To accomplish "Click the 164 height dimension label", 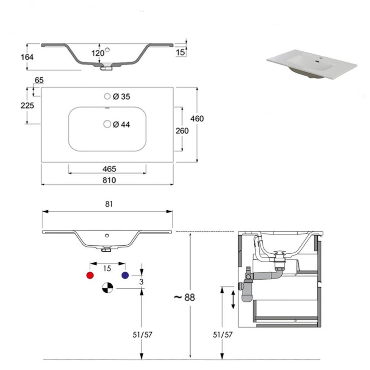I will coord(27,57).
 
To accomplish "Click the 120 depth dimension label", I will coord(98,53).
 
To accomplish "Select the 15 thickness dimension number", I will coord(181,52).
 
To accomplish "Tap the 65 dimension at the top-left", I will coord(39,80).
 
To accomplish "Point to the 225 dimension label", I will coord(27,106).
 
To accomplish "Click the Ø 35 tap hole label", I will coord(121,96).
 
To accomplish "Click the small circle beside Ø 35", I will coord(107,96).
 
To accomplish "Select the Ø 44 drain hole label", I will coord(121,124).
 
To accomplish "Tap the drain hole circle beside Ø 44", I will coord(107,124).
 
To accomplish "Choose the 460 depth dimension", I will coord(198,119).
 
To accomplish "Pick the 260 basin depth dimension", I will coord(182,131).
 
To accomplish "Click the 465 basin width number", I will coord(109,169).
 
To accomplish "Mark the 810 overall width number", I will coord(109,180).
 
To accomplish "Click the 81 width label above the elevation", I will coord(109,204).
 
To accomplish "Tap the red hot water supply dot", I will coord(90,275).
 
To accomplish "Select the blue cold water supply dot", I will coord(125,275).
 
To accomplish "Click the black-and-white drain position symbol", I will coord(107,288).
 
